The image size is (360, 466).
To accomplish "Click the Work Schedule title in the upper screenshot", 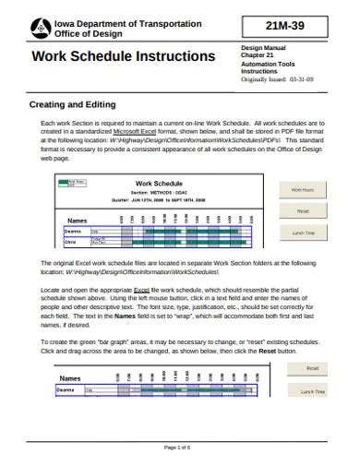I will pyautogui.click(x=153, y=185).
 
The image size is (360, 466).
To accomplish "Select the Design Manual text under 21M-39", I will pyautogui.click(x=263, y=46).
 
